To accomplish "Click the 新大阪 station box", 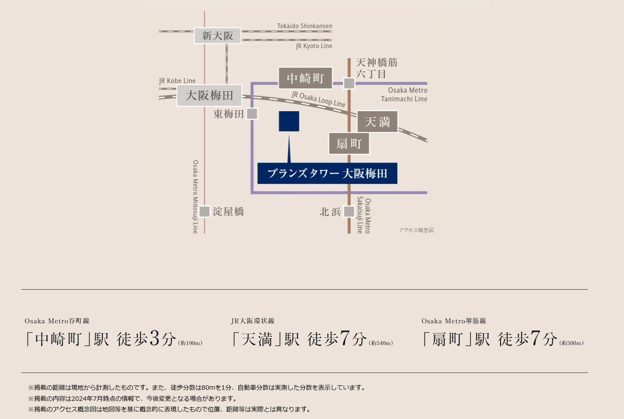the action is (x=217, y=36).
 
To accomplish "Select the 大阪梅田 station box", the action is (x=209, y=96).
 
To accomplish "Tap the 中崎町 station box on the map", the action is (x=305, y=78).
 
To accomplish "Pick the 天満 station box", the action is (x=377, y=121).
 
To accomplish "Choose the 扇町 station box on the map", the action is (x=349, y=144).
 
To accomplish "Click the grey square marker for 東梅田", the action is (x=252, y=114).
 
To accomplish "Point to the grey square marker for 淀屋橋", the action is (x=205, y=211).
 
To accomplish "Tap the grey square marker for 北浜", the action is (x=349, y=211).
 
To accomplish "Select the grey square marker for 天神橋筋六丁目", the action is (x=349, y=83).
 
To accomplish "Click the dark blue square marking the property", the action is (x=289, y=121).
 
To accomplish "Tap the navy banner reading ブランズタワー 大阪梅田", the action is (x=327, y=173).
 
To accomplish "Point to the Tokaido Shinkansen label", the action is (x=305, y=26).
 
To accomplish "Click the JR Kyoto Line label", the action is (x=314, y=46).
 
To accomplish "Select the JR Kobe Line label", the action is (x=178, y=81).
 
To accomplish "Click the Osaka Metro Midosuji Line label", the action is (x=196, y=197).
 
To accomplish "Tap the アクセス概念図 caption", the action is (x=416, y=230).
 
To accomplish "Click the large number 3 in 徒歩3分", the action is (x=155, y=338).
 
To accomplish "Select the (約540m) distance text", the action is (x=381, y=343).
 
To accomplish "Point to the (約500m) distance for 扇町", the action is (x=571, y=343).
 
